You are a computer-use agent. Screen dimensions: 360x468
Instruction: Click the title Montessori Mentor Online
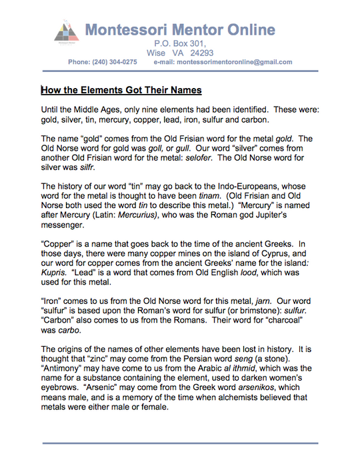(180, 29)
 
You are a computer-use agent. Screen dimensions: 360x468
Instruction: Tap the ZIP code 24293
(200, 53)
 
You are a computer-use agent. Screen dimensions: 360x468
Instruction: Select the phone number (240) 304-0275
(114, 62)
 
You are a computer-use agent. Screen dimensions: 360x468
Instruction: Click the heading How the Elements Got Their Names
(121, 90)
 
